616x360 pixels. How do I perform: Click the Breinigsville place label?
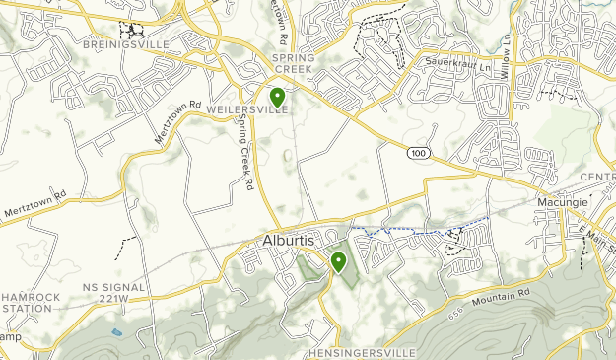click(148, 45)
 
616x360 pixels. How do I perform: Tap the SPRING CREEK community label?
click(293, 64)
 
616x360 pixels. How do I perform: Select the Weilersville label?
click(248, 110)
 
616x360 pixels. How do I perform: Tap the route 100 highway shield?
click(419, 153)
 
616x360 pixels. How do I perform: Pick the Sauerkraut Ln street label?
click(456, 61)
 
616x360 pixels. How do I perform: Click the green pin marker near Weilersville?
click(278, 97)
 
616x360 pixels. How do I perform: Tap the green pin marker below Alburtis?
click(338, 261)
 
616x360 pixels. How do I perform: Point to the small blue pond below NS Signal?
click(117, 332)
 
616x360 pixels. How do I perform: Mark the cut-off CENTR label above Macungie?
click(596, 178)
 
